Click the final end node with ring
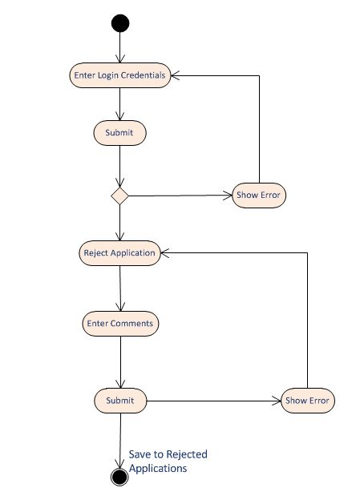pos(119,477)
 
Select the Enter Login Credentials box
pos(119,75)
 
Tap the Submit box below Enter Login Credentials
pos(119,133)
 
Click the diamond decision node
pos(119,195)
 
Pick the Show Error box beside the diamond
pos(258,195)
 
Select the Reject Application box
pos(119,252)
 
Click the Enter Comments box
pos(120,324)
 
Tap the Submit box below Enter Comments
pos(120,400)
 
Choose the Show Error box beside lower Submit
pos(307,400)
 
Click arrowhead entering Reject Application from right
pos(164,252)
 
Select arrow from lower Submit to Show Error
pos(212,400)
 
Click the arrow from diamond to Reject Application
pos(119,222)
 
